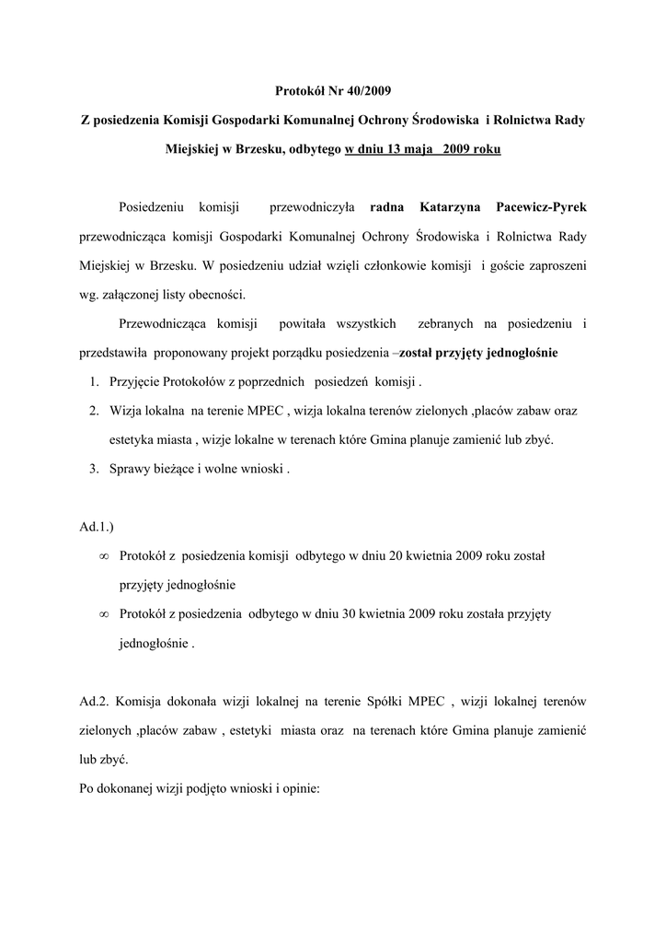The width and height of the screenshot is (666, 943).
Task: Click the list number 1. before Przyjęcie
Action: [95, 382]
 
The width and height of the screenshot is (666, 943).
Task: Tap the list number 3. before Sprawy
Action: [95, 470]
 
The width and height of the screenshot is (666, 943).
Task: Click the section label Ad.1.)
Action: [98, 528]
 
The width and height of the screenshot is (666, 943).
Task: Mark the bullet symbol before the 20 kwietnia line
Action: [104, 556]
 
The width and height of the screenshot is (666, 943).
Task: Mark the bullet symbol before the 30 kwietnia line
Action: [104, 614]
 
